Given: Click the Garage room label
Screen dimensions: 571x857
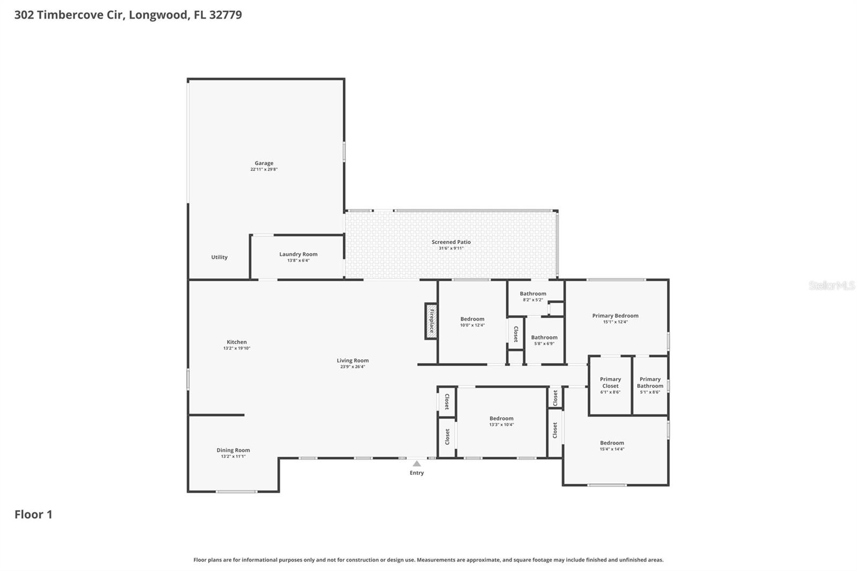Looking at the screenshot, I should (x=264, y=163).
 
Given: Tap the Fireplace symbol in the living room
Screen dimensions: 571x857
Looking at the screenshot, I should (x=431, y=321).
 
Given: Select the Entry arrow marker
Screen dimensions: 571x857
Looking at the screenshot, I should (x=417, y=463).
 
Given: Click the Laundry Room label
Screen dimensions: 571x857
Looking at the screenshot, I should (x=298, y=254).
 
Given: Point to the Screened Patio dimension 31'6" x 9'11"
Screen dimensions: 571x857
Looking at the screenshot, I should (x=451, y=249).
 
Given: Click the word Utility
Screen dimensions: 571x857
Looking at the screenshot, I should (x=219, y=257).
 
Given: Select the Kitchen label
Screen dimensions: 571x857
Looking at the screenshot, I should (x=236, y=342).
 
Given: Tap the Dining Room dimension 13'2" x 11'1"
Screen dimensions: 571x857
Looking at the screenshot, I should (x=233, y=456).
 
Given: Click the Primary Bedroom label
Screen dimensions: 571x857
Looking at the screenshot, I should (x=615, y=315).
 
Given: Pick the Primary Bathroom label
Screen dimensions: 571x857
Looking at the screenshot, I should (x=650, y=382).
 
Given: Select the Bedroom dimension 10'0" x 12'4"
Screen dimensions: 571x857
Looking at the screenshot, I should (x=472, y=325).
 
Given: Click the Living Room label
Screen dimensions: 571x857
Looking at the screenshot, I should (x=352, y=360).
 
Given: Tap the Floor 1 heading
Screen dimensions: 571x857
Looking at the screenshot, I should (x=33, y=514).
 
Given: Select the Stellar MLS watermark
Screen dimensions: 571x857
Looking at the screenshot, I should (x=831, y=285).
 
